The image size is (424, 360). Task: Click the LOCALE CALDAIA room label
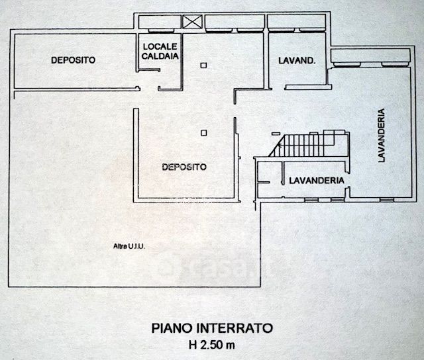click(x=159, y=52)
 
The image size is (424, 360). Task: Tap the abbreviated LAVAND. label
click(x=297, y=61)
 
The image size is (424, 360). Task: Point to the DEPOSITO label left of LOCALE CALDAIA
click(x=73, y=60)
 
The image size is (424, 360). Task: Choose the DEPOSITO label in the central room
click(x=184, y=167)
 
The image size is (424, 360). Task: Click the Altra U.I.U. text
click(x=129, y=247)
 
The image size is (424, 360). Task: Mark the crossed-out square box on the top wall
click(x=191, y=22)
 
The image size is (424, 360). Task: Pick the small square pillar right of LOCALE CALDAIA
click(x=203, y=64)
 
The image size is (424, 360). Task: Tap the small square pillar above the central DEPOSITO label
click(x=203, y=133)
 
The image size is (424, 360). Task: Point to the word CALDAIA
click(x=159, y=56)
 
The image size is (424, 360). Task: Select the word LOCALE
click(x=159, y=46)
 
